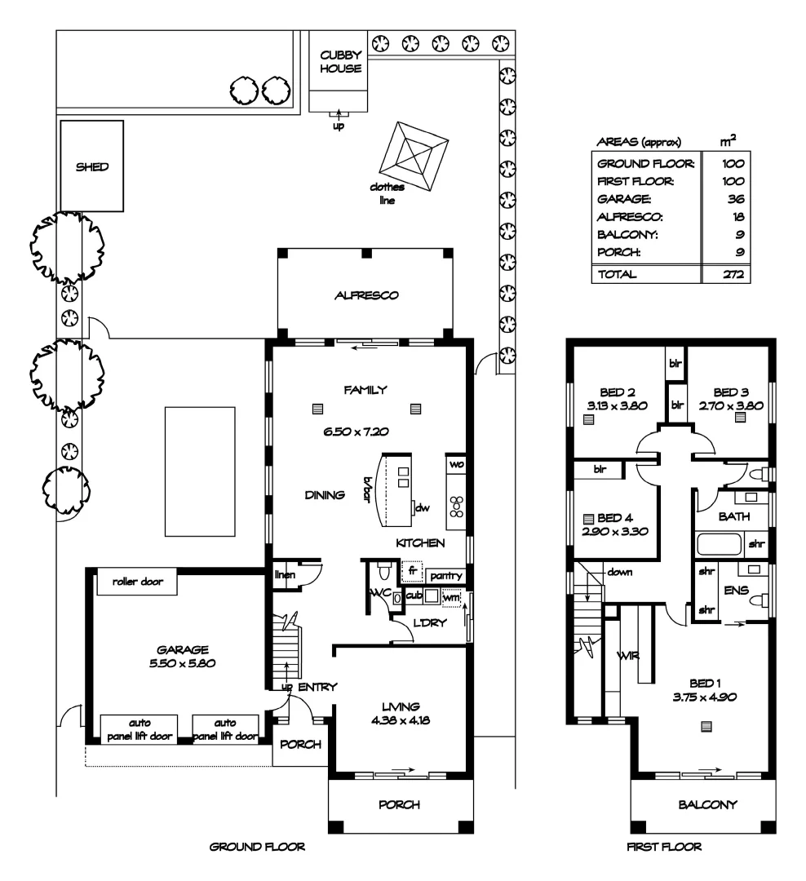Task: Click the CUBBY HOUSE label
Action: click(340, 62)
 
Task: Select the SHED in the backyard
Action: click(91, 167)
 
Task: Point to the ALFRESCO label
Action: click(366, 296)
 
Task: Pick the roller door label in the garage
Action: click(137, 582)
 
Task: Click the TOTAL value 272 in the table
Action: click(732, 275)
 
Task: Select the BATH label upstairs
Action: click(728, 516)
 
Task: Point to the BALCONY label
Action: click(707, 804)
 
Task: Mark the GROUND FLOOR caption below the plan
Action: click(258, 848)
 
